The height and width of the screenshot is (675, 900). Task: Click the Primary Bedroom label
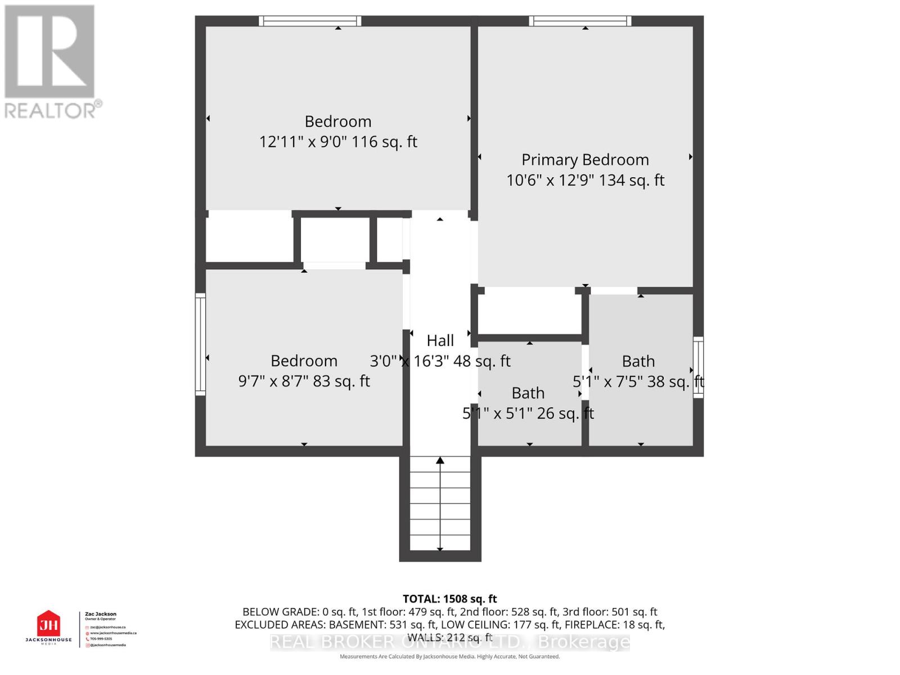585,160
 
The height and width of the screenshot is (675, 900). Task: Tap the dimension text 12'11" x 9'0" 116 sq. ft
338,142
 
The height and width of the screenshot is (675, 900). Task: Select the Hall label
440,340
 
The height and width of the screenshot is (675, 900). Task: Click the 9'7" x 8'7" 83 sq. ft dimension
304,381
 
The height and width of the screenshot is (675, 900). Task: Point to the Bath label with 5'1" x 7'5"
638,361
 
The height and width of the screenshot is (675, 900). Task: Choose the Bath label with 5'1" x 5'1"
528,393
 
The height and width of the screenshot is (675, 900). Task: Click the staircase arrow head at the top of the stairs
440,461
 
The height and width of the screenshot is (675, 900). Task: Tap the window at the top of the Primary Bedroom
580,21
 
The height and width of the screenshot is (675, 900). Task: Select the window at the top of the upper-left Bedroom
310,21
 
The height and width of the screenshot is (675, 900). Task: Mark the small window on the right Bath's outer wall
698,367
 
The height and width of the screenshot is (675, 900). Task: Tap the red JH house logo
48,624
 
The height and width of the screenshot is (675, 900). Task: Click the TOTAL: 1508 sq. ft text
449,599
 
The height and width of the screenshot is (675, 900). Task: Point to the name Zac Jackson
101,614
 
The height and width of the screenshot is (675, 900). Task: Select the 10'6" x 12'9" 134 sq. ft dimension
585,181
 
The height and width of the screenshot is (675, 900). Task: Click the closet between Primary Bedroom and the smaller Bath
529,313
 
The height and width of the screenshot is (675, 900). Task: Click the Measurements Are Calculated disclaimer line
449,656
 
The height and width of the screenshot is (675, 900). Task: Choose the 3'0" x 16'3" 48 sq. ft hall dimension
440,361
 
